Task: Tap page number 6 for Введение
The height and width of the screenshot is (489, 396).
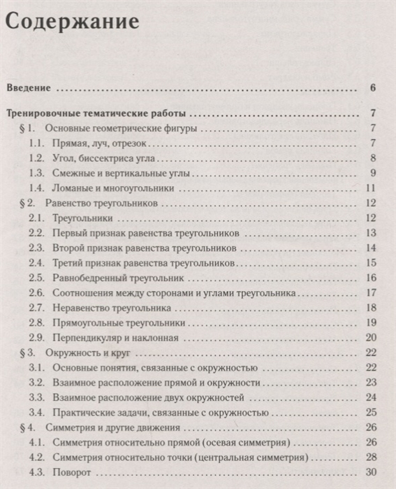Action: pyautogui.click(x=374, y=88)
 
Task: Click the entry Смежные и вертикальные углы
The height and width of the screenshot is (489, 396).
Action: pyautogui.click(x=115, y=173)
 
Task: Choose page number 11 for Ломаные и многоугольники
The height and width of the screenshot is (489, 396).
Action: pyautogui.click(x=372, y=188)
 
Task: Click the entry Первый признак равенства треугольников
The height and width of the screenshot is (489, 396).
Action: pyautogui.click(x=147, y=233)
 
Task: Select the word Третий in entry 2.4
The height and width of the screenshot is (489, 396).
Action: pyautogui.click(x=68, y=263)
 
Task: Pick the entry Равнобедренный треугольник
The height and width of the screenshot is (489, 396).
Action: pyautogui.click(x=114, y=278)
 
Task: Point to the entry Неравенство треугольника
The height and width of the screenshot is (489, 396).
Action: pyautogui.click(x=112, y=308)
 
